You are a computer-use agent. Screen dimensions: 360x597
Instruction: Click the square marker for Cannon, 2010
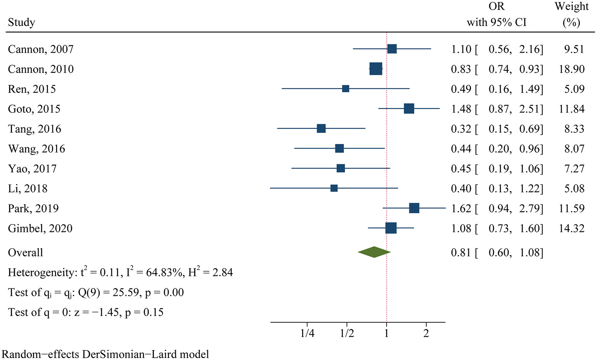click(376, 69)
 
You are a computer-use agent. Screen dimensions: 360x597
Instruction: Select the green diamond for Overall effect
click(374, 252)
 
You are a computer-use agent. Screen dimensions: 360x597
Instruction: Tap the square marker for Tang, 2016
click(321, 128)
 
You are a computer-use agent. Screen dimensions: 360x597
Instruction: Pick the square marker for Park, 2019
click(414, 208)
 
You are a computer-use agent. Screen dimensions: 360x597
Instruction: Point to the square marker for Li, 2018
click(334, 188)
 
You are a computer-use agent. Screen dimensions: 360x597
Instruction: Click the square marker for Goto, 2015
click(409, 109)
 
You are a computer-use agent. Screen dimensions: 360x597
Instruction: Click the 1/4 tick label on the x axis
click(307, 334)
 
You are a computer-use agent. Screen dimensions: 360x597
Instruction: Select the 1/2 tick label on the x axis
click(347, 334)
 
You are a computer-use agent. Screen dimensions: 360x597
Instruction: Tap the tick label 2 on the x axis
click(426, 334)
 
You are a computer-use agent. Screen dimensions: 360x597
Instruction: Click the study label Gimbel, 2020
click(40, 228)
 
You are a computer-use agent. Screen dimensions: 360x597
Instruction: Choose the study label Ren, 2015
click(32, 89)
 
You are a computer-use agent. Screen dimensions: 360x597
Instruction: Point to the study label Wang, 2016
click(37, 149)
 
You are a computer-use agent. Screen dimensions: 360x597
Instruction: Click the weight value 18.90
click(572, 69)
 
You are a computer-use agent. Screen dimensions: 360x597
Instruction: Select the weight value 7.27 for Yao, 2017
click(574, 169)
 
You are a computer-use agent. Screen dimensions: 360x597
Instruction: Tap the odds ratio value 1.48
click(461, 109)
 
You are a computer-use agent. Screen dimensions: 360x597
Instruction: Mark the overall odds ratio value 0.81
click(461, 253)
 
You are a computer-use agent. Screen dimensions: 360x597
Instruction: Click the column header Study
click(21, 22)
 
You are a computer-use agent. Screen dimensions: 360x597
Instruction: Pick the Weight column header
click(571, 6)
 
